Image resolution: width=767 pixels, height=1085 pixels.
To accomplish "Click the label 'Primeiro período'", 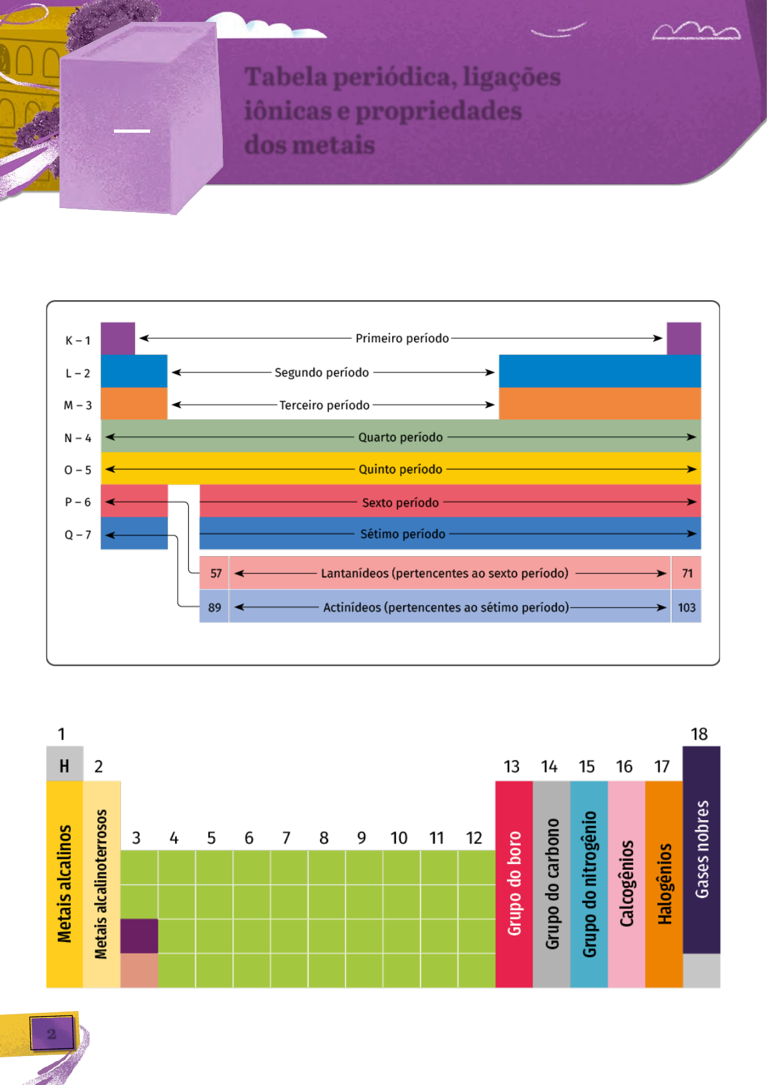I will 402,338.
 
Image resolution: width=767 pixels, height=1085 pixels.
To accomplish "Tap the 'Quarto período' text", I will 401,437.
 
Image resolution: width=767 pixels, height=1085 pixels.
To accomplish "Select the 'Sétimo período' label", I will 402,534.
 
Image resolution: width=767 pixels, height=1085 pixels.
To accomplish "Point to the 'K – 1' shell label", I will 78,340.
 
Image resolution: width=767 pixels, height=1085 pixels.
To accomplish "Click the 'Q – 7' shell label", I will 78,535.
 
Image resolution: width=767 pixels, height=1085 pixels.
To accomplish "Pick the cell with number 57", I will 216,573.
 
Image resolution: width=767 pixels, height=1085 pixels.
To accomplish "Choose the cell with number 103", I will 687,608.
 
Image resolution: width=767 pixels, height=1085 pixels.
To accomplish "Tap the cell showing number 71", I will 687,573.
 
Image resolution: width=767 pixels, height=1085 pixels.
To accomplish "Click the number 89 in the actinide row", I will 214,608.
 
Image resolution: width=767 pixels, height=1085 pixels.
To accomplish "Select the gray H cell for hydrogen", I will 64,765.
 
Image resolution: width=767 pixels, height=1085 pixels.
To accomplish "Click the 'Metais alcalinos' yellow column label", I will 64,884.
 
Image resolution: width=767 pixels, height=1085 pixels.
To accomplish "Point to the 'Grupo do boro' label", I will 514,883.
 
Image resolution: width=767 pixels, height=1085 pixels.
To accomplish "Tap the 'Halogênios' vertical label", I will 665,883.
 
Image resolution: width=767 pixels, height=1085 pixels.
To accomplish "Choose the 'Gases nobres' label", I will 702,849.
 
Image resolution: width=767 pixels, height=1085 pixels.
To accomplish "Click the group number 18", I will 699,734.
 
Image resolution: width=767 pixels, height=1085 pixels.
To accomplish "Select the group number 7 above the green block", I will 286,838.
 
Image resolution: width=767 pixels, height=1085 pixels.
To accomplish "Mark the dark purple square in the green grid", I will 139,936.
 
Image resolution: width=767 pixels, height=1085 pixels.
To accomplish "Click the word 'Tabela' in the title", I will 286,77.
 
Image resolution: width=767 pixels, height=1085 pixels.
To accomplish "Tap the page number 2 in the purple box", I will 52,1033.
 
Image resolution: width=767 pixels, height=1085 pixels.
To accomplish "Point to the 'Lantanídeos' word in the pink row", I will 354,573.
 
